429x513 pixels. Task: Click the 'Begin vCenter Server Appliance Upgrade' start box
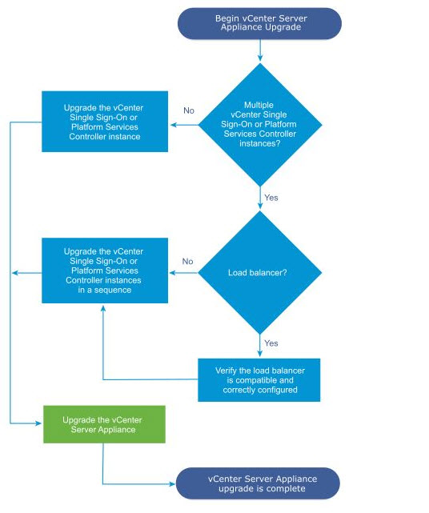[259, 23]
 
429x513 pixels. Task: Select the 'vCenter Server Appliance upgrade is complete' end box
[258, 483]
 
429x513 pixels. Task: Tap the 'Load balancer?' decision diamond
[260, 273]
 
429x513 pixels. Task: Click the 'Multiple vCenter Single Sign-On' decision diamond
[260, 125]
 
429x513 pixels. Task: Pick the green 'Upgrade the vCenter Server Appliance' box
[104, 424]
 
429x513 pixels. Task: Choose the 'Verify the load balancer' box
[259, 380]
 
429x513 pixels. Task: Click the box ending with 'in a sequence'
[105, 271]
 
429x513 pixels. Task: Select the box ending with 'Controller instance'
[105, 122]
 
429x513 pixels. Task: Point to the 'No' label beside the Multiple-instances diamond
[189, 110]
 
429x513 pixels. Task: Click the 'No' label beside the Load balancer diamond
[187, 261]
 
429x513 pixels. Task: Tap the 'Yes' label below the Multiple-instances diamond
[271, 198]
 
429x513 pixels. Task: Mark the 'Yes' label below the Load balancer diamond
[271, 343]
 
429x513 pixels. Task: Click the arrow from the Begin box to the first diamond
[260, 50]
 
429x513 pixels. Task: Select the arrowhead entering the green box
[38, 423]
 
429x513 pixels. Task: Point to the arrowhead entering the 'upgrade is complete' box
[172, 484]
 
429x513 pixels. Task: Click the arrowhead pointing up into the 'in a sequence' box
[103, 308]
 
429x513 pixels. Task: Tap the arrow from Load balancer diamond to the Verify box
[260, 346]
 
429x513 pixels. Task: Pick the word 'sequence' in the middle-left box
[112, 290]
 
